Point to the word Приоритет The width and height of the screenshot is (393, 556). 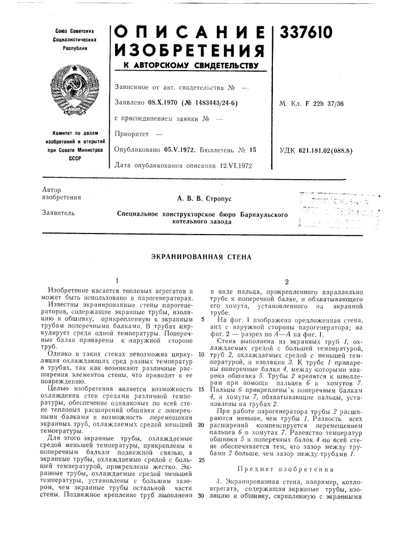coord(131,133)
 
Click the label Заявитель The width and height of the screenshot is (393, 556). coord(54,214)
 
